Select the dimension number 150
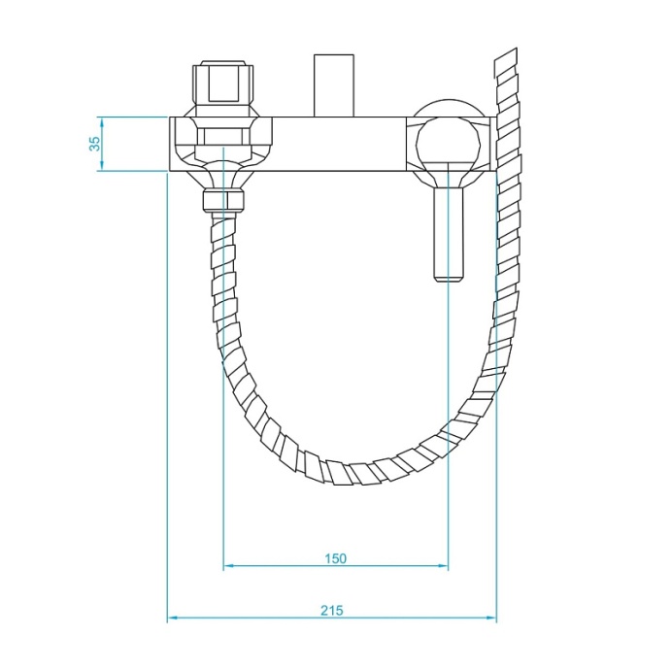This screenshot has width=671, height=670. click(x=335, y=557)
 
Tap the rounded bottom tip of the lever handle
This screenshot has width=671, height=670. click(x=448, y=280)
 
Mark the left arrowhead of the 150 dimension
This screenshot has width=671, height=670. click(x=227, y=566)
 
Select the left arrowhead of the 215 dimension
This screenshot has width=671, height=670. click(x=172, y=618)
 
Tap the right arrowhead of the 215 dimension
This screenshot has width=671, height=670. click(x=492, y=618)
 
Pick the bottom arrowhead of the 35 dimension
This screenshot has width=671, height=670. click(x=101, y=168)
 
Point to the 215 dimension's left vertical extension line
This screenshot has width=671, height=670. click(x=168, y=388)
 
